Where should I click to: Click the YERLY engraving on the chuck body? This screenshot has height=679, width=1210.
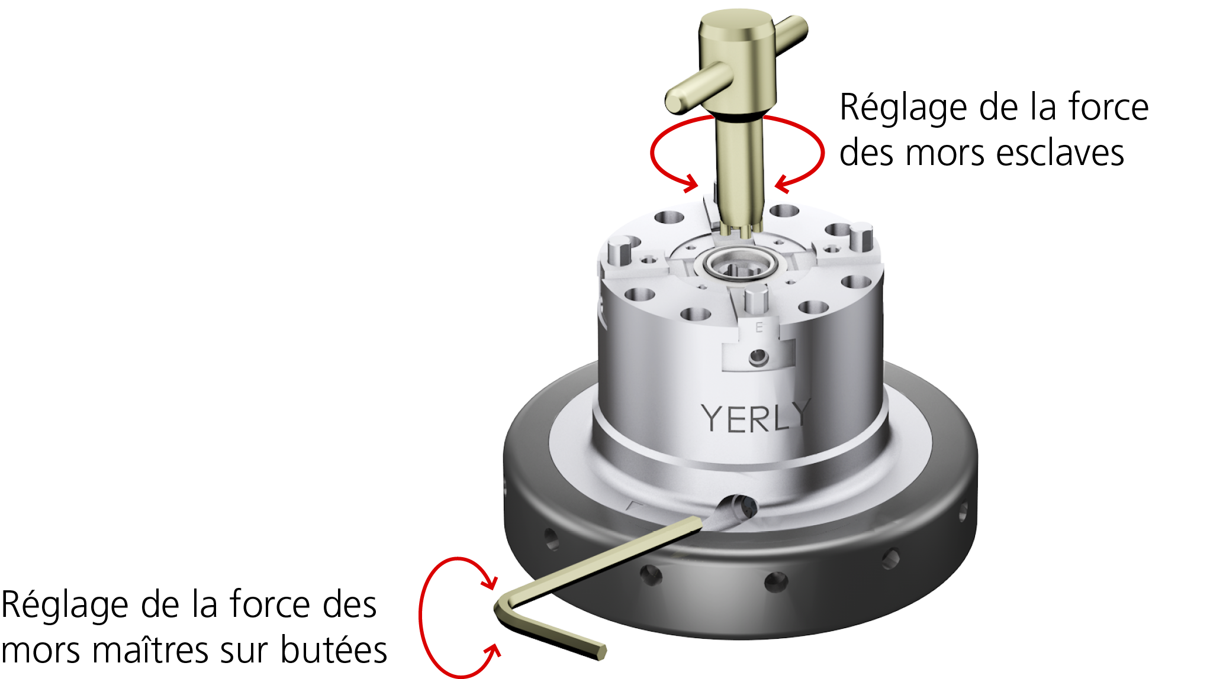pos(755,416)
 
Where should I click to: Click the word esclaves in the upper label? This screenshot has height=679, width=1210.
pos(1060,153)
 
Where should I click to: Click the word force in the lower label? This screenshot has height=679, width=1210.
pos(269,604)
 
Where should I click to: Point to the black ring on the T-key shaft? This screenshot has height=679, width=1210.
pos(739,118)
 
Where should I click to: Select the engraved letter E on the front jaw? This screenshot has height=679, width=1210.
pos(759,327)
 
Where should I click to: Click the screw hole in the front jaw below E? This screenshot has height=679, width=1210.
pos(758,357)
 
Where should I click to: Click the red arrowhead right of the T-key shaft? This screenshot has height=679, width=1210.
pos(783,184)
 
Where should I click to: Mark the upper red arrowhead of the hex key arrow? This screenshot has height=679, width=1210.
pos(489,578)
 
